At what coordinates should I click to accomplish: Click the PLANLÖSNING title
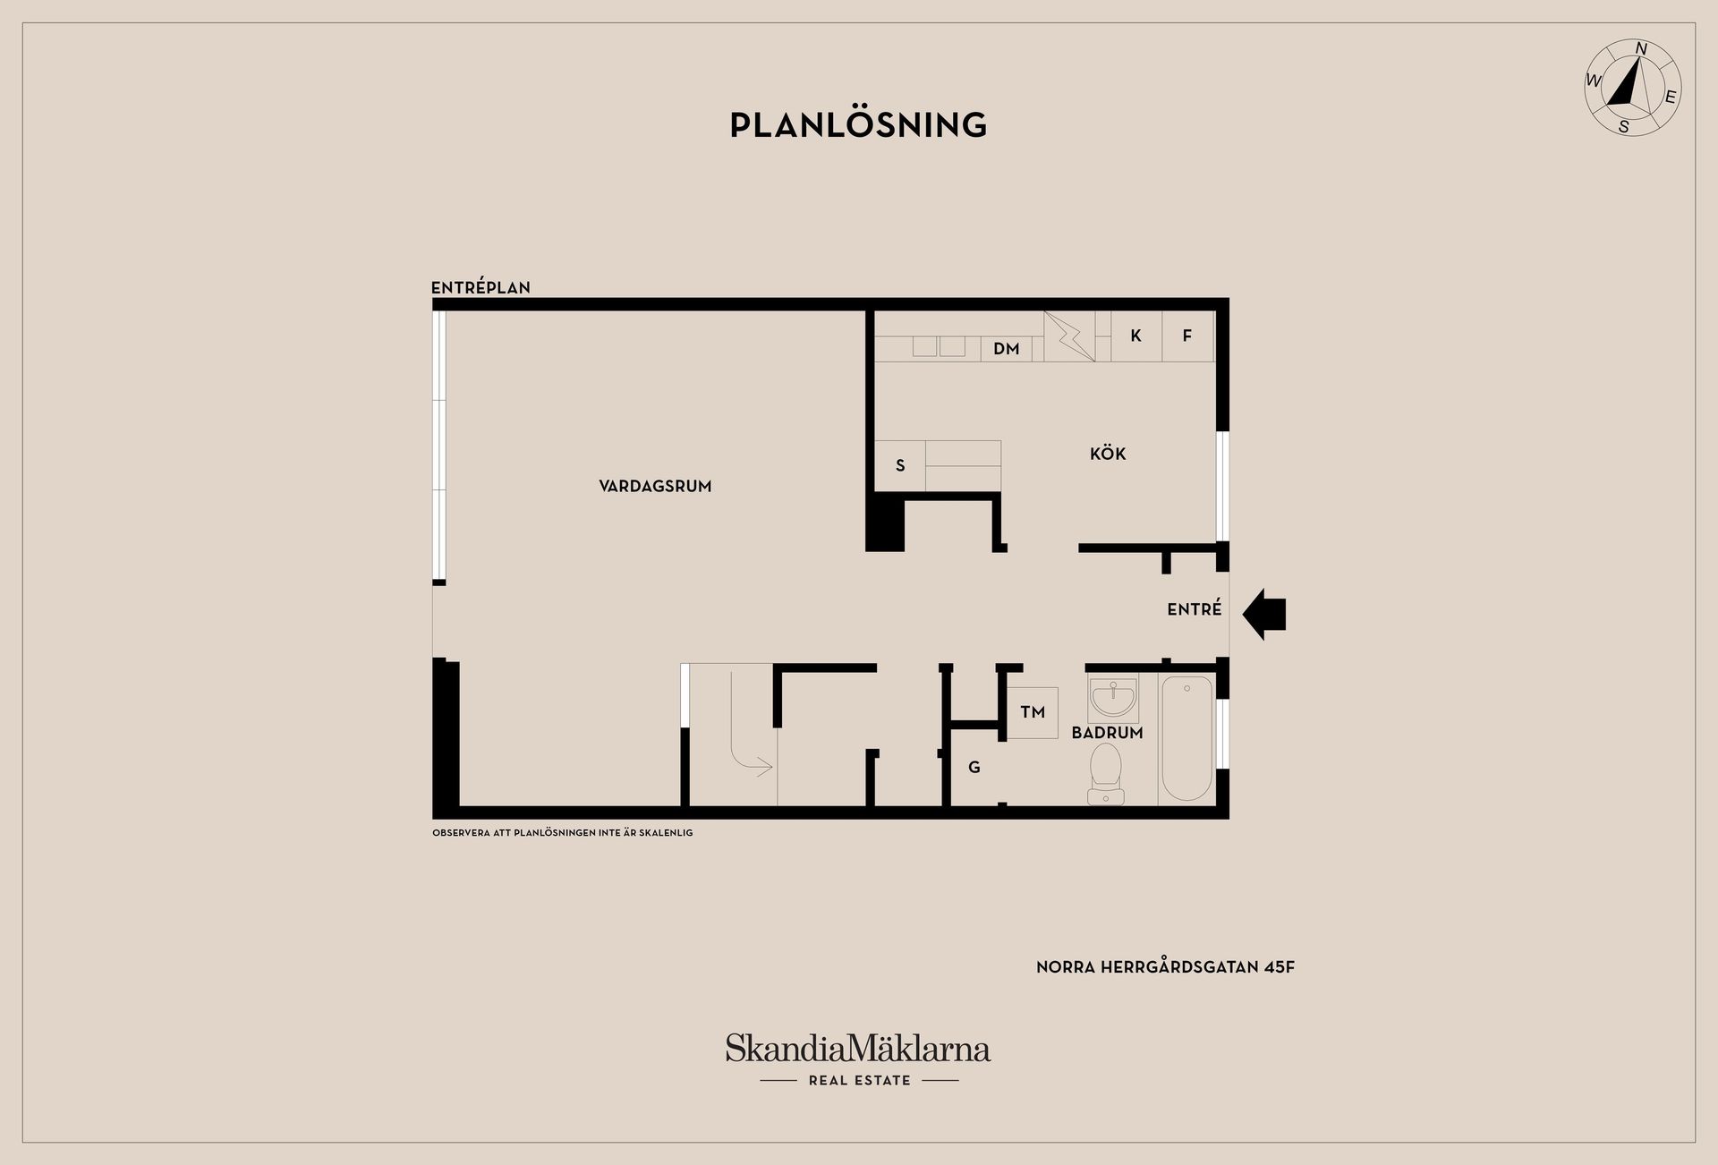(858, 124)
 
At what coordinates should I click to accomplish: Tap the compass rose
(1632, 89)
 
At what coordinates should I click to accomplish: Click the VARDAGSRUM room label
(655, 486)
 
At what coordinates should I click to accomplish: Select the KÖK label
(1108, 453)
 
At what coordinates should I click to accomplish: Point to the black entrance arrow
(1265, 614)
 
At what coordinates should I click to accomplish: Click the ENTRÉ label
(1195, 608)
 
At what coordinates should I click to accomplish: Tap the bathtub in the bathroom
(1186, 738)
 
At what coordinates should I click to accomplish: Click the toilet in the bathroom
(1106, 773)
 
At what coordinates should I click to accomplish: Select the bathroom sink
(1113, 699)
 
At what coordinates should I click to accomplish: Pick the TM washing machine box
(1033, 712)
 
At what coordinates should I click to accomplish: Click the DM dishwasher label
(1007, 348)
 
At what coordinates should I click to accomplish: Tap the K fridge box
(1136, 336)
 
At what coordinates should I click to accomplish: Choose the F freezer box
(1187, 336)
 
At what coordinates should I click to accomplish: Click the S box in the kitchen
(900, 465)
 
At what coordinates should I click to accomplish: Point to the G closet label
(974, 767)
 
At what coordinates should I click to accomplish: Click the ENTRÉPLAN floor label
(481, 287)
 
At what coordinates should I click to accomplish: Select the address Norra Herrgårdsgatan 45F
(1165, 966)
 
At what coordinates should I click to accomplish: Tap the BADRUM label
(1107, 732)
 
